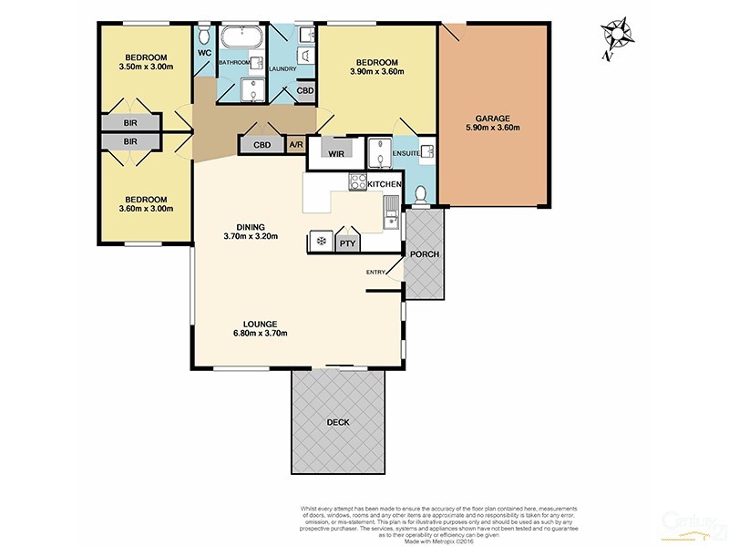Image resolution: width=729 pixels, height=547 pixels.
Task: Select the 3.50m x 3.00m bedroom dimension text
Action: point(146,66)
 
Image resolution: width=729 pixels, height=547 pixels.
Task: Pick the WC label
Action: point(204,52)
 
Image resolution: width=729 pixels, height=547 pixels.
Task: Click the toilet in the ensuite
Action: point(420,195)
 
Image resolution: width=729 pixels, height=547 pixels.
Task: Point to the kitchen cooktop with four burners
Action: point(356,182)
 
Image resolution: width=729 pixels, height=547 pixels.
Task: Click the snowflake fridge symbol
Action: point(321,242)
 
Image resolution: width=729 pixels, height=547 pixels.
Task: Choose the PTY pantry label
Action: point(347,243)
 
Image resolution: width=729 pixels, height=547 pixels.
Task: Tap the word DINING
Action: point(250,226)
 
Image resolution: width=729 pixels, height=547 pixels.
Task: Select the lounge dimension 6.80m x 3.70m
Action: point(260,334)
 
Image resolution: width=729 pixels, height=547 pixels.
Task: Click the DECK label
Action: point(338,423)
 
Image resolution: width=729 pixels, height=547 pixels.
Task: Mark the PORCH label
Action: point(424,253)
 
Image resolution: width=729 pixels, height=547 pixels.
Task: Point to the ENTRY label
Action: point(375,273)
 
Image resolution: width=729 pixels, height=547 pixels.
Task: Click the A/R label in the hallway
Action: point(296,144)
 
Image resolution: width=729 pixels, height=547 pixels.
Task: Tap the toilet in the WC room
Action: point(204,36)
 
